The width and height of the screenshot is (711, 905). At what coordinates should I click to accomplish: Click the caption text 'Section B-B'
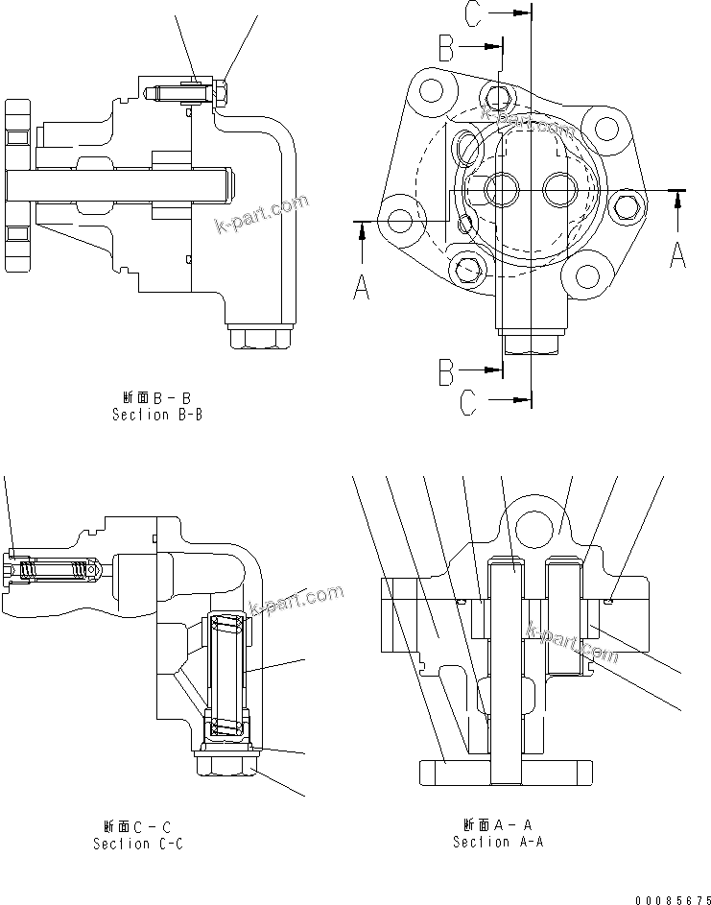pyautogui.click(x=157, y=415)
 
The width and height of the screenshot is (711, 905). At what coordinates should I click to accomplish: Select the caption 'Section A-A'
pyautogui.click(x=498, y=841)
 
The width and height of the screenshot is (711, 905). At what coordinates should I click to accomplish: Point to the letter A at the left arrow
pyautogui.click(x=361, y=285)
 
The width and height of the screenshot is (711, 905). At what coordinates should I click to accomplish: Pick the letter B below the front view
pyautogui.click(x=446, y=370)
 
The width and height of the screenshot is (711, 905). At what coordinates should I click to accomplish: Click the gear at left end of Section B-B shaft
pyautogui.click(x=18, y=184)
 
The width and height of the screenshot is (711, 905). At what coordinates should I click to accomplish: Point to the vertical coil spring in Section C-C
pyautogui.click(x=226, y=677)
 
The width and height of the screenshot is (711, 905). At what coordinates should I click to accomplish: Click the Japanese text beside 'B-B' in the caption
pyautogui.click(x=138, y=397)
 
